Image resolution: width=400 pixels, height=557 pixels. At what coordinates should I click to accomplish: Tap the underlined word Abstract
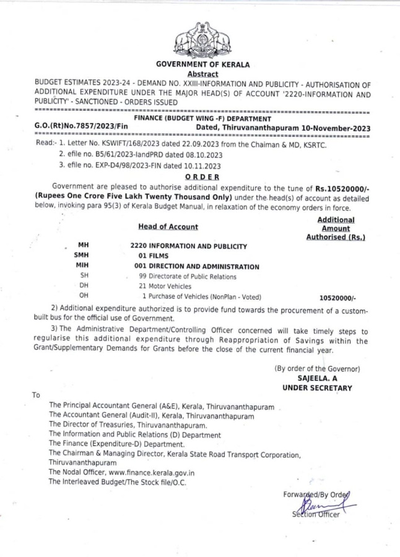pyautogui.click(x=199, y=74)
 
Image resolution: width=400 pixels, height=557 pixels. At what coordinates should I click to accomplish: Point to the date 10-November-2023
pyautogui.click(x=337, y=127)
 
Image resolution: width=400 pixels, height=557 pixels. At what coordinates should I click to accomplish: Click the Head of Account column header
pyautogui.click(x=168, y=227)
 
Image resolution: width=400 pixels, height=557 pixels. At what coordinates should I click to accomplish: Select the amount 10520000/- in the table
pyautogui.click(x=338, y=298)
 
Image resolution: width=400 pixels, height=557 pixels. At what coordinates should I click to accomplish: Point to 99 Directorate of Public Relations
pyautogui.click(x=188, y=276)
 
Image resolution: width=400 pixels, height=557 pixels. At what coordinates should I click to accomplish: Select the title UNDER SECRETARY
pyautogui.click(x=317, y=388)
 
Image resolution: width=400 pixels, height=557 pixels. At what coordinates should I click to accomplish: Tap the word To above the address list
pyautogui.click(x=37, y=395)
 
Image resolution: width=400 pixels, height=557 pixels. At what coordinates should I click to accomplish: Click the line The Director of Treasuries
pyautogui.click(x=128, y=425)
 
